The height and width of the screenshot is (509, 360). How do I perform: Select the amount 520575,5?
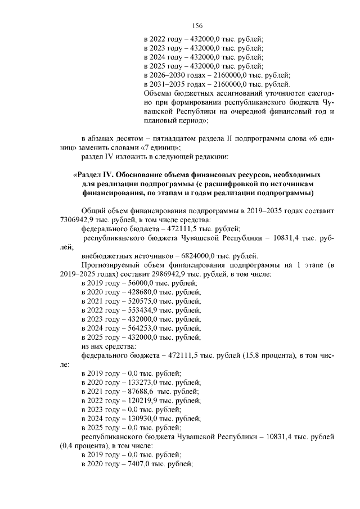click(135, 301)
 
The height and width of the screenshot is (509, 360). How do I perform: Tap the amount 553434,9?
click(135, 310)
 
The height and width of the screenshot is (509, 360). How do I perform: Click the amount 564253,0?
click(135, 328)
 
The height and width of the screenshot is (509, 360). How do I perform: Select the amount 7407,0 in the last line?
click(132, 463)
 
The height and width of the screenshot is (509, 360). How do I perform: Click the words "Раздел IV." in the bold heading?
click(97, 174)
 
